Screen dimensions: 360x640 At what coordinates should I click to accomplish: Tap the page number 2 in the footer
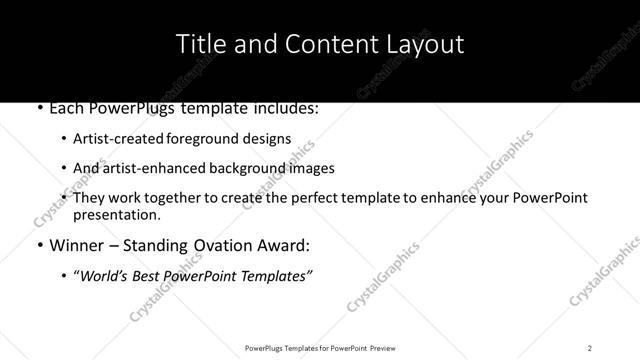pyautogui.click(x=590, y=347)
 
